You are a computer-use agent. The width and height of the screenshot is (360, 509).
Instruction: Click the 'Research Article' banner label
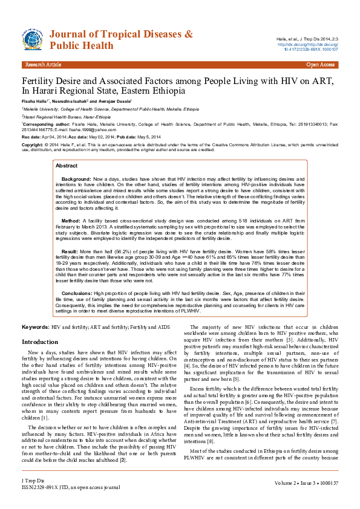43,64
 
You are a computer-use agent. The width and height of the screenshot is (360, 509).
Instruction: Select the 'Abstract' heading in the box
66,148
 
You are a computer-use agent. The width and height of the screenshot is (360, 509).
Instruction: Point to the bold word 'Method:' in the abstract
71,204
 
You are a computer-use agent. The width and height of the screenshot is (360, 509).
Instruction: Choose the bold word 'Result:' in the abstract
70,234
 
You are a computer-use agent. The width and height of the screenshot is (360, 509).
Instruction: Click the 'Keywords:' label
35,326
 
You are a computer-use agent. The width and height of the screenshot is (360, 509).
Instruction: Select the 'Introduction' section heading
40,342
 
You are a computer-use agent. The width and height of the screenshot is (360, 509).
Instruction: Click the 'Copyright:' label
33,146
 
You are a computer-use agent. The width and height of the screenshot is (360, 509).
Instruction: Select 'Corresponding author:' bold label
45,123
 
